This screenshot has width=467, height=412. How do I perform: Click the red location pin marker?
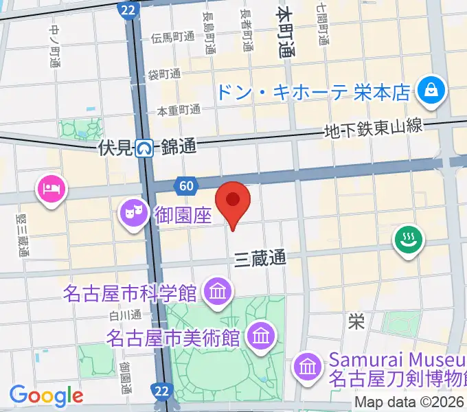(233, 201)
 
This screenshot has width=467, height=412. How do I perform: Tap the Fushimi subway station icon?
(144, 147)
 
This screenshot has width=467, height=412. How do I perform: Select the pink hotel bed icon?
(51, 187)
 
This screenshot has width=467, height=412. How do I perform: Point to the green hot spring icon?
(408, 240)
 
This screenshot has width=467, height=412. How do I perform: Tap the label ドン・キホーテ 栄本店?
(313, 91)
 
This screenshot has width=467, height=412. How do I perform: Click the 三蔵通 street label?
(260, 258)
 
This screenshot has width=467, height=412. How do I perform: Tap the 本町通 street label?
(285, 33)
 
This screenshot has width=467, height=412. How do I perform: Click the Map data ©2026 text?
(409, 402)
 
